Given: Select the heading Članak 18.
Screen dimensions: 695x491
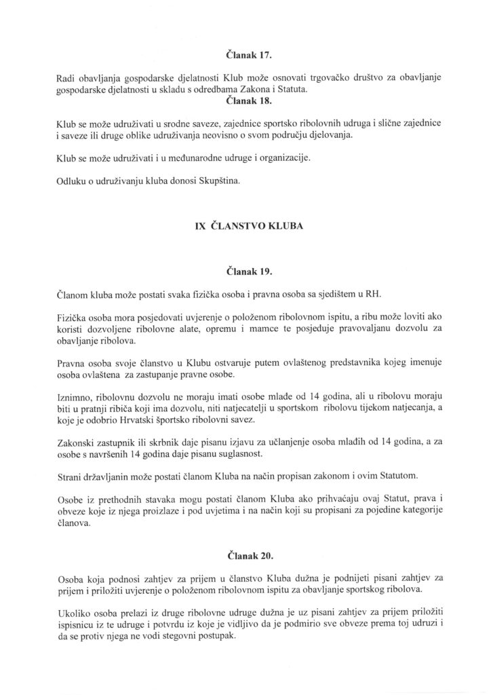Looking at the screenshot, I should [245, 99].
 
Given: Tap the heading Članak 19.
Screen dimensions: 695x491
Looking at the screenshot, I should [245, 271].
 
